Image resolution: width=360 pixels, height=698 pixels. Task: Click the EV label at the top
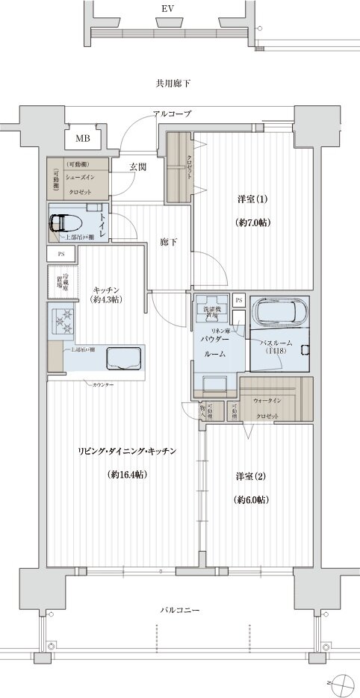(164, 11)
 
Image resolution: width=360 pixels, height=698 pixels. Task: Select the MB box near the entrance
(82, 138)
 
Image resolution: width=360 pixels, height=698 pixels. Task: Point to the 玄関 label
(137, 166)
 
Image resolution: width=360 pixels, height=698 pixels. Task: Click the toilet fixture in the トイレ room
(67, 222)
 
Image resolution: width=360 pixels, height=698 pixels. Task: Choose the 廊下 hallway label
(168, 243)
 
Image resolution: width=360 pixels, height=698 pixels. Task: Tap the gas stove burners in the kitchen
(63, 322)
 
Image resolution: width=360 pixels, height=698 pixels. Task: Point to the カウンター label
(103, 384)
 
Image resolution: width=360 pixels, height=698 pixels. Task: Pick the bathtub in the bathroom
(279, 310)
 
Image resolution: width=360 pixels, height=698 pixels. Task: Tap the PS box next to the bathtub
(239, 299)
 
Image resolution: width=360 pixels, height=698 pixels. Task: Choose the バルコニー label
(180, 610)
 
